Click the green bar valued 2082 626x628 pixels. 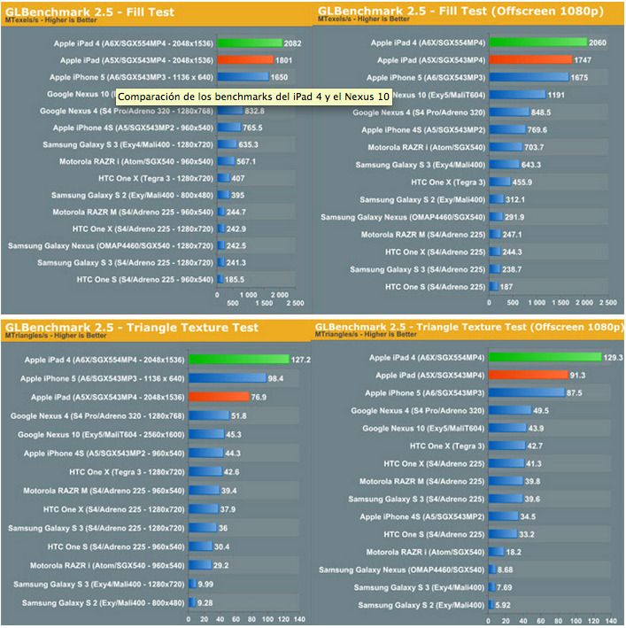pos(250,43)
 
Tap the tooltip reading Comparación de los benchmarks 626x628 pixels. pos(254,96)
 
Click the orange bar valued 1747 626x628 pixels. pos(530,60)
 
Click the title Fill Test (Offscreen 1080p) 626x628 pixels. pos(468,12)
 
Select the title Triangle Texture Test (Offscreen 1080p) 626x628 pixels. pos(468,328)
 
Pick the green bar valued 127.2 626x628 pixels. pos(253,360)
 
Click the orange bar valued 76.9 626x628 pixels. pos(233,397)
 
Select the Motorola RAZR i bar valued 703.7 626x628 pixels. pos(505,147)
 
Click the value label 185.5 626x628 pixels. pos(236,280)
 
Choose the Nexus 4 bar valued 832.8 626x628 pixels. pos(229,112)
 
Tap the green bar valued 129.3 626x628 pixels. pos(543,358)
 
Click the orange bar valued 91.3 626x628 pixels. pos(528,376)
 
